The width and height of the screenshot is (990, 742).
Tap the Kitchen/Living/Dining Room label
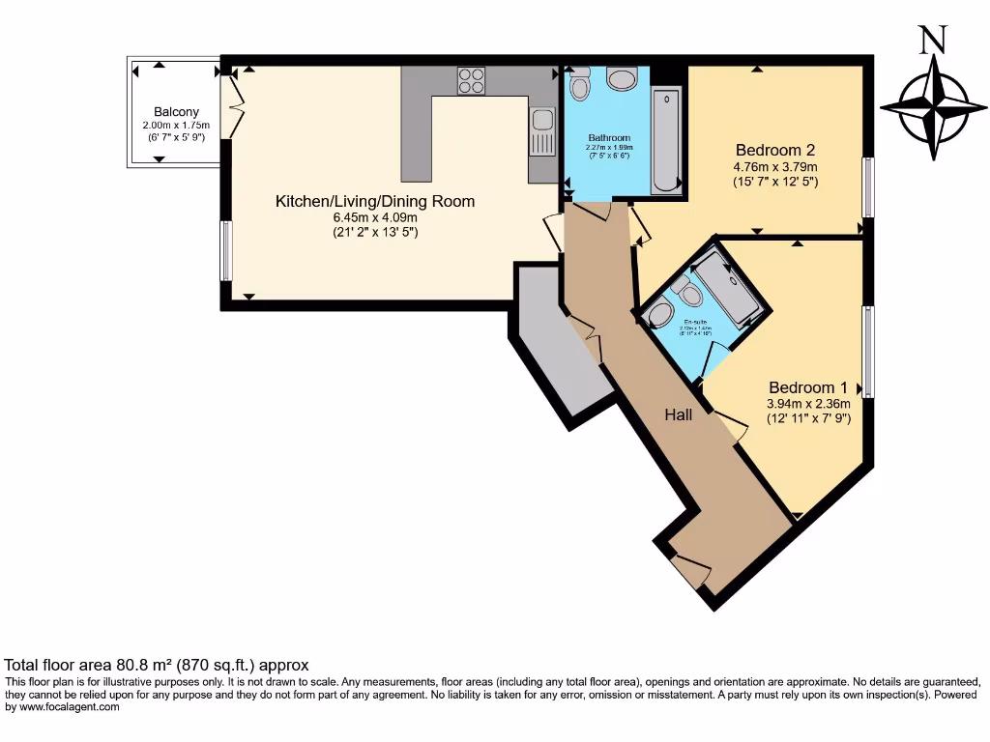375,201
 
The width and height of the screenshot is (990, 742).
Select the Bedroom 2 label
774,150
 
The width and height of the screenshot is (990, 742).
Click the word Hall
678,414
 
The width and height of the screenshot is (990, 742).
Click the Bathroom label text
609,138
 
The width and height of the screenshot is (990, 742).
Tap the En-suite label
693,322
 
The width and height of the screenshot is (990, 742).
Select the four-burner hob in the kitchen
471,80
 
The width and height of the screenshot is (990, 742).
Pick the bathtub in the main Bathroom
666,140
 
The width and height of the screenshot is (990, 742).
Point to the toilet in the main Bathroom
580,86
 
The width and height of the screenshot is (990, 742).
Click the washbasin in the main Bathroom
621,78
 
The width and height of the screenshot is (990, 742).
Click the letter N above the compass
932,40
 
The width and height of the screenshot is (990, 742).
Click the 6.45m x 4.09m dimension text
375,217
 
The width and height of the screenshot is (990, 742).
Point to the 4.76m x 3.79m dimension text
774,165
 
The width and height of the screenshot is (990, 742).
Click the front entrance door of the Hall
691,572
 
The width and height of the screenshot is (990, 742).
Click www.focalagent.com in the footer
65,707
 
